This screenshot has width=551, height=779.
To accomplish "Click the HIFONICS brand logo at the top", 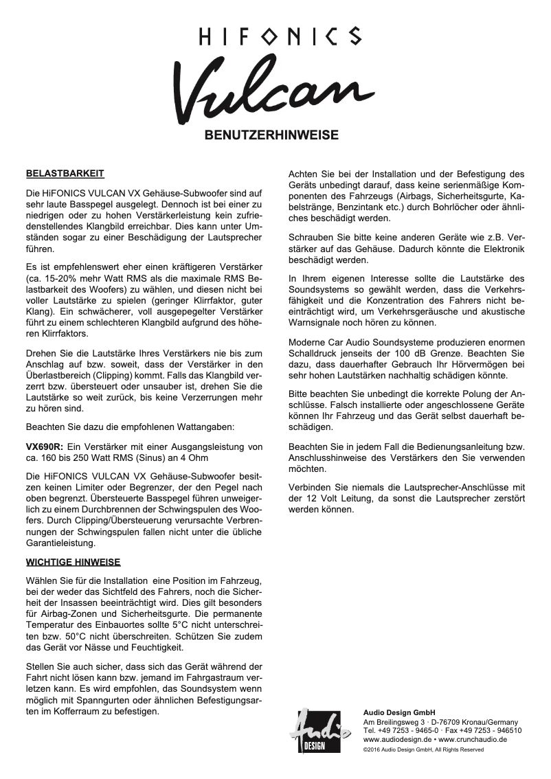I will (275, 36).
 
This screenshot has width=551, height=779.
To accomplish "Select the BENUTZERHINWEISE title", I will (272, 135).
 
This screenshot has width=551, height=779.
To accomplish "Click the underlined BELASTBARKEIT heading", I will (65, 173).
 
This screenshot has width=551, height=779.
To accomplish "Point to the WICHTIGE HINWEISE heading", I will (74, 562).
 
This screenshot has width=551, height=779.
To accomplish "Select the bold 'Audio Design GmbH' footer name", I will (399, 712).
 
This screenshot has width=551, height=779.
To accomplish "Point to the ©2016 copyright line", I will (423, 749).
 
